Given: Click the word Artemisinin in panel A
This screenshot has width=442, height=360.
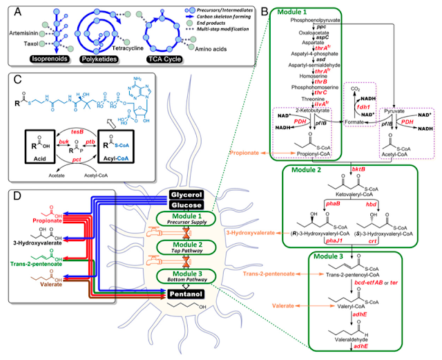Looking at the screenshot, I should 19,31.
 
